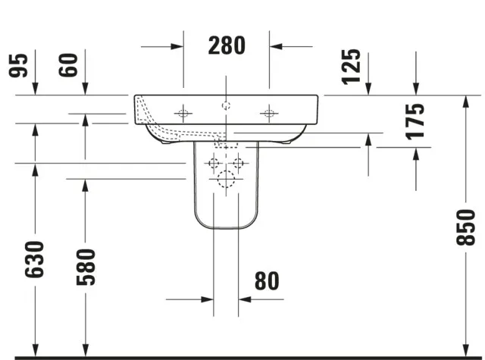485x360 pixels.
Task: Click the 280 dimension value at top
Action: point(227,45)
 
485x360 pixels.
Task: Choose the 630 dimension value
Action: point(34,258)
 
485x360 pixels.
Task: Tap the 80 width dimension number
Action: point(267,281)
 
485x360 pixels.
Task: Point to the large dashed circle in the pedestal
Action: point(226,180)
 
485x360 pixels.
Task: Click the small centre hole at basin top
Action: point(226,105)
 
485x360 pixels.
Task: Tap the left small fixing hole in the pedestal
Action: point(213,162)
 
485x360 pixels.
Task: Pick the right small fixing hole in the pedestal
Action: point(239,162)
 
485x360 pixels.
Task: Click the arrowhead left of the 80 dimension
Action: point(207,299)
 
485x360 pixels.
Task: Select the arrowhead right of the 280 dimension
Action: point(276,46)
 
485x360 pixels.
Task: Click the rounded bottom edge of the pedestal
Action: point(226,230)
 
